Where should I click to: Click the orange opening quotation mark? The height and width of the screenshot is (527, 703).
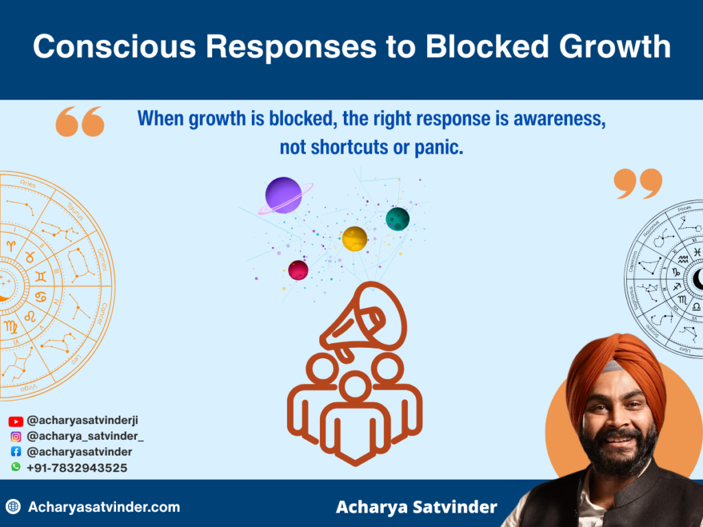coord(80,121)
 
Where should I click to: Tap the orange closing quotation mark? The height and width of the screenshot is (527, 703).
coord(638,184)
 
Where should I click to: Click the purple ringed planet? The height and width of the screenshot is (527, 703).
coord(283,194)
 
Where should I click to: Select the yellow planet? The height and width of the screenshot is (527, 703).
coord(354,239)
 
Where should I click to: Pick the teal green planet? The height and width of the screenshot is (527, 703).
coord(397,219)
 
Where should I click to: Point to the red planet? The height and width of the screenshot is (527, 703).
coord(298,270)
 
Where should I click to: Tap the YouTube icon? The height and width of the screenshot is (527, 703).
coord(16,421)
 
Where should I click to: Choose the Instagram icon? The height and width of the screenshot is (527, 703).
coord(16,436)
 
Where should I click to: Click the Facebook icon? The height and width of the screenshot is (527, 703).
coord(16,452)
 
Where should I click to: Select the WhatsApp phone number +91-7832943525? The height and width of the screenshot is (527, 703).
coord(77,467)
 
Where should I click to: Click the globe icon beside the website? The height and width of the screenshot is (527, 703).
coord(13,507)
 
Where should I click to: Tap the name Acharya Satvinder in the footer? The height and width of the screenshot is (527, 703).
coord(416,507)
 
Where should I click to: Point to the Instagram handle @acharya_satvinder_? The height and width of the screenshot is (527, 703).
coord(85,436)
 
